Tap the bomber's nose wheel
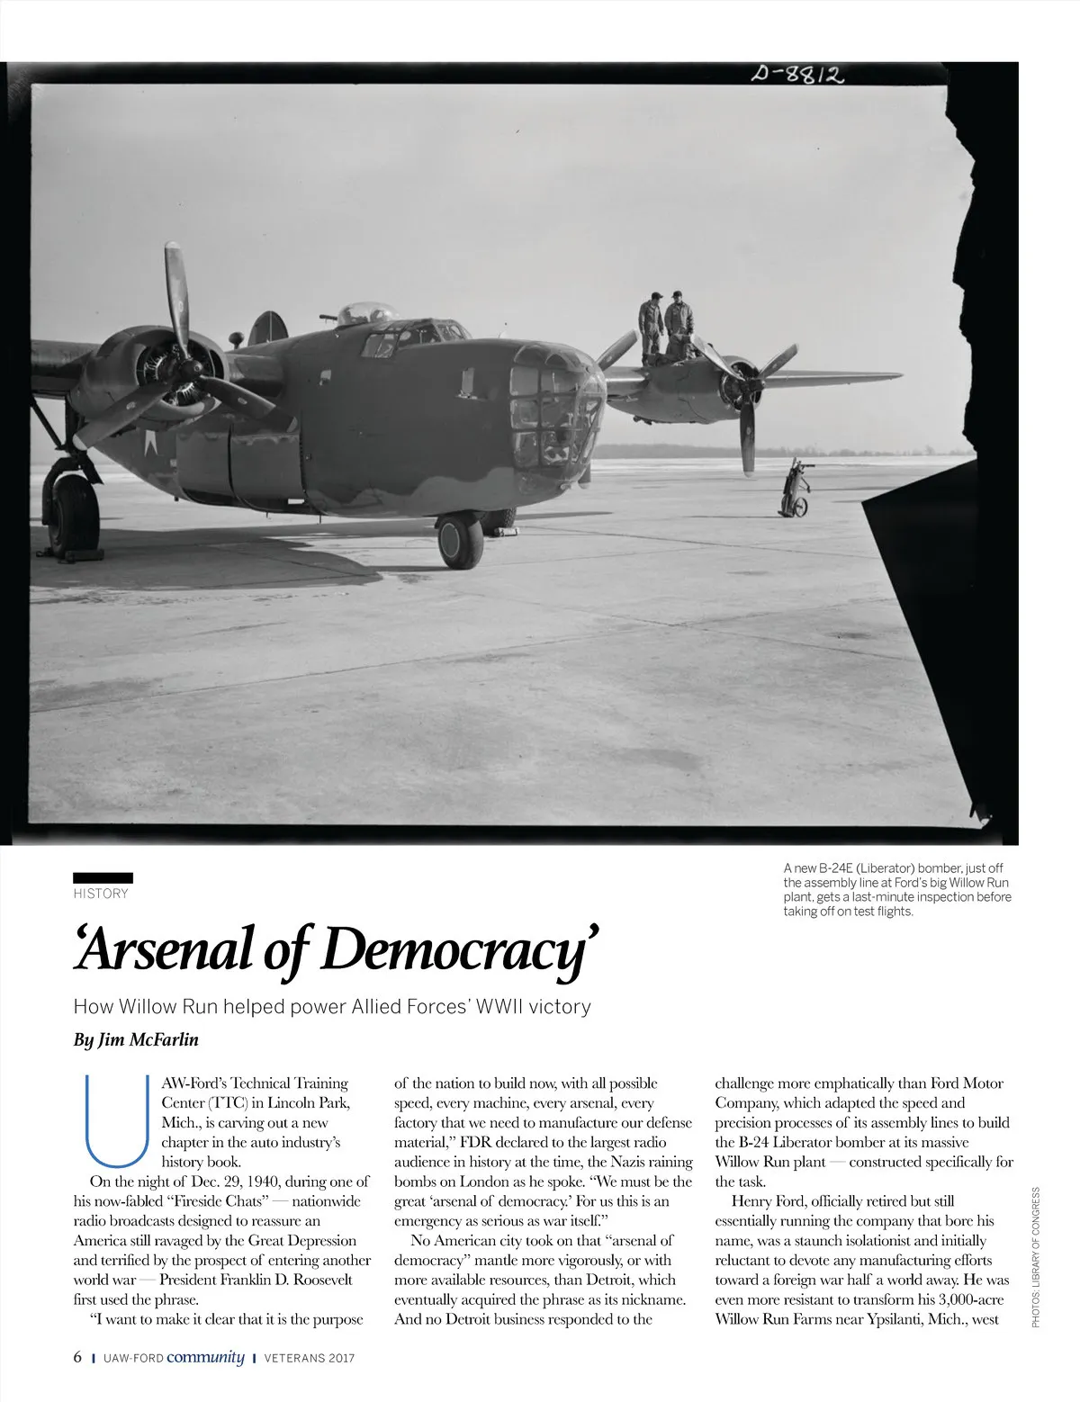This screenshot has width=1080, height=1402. (460, 540)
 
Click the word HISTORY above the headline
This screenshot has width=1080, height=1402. (101, 894)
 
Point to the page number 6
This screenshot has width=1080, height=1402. (77, 1357)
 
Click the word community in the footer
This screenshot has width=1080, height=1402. (206, 1357)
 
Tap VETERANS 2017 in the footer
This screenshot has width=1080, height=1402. (309, 1358)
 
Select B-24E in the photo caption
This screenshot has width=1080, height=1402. (832, 868)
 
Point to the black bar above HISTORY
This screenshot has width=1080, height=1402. (103, 877)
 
